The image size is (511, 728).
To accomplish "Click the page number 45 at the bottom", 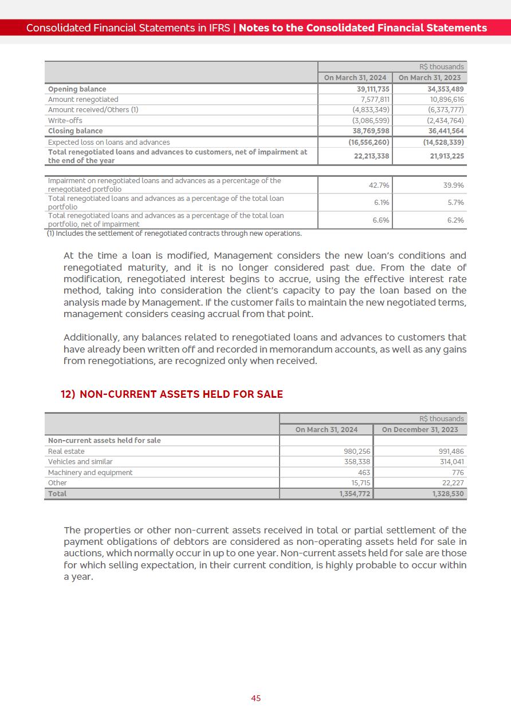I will click(x=256, y=698).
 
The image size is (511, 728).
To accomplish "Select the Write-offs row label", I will click(x=65, y=121).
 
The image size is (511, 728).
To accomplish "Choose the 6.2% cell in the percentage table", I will click(x=455, y=220).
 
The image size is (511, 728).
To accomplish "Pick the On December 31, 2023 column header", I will click(x=420, y=430).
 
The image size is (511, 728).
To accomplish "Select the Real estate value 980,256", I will click(x=357, y=452).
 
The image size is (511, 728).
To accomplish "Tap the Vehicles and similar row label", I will click(x=80, y=462).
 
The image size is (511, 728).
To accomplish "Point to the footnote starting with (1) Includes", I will click(x=174, y=234).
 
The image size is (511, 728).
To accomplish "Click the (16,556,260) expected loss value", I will click(x=369, y=143).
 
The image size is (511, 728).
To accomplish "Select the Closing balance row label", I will click(x=75, y=131).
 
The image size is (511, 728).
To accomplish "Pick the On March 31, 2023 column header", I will click(x=429, y=78).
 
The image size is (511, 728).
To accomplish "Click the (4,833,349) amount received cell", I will click(x=371, y=110).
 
